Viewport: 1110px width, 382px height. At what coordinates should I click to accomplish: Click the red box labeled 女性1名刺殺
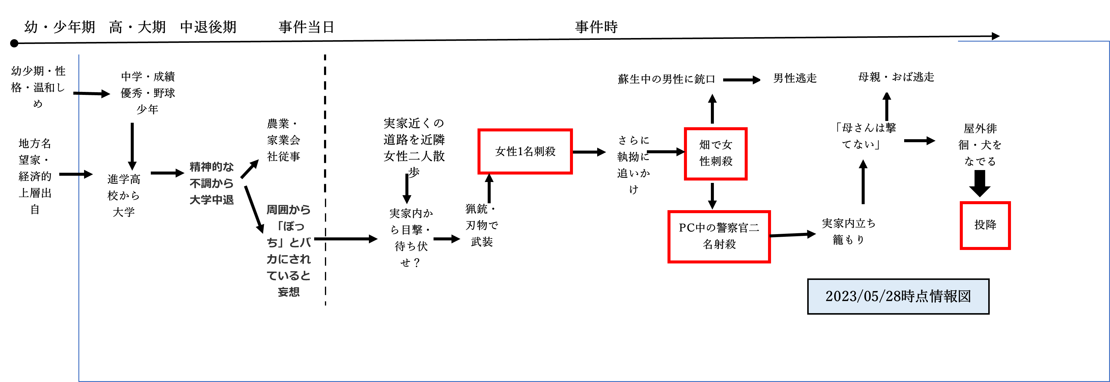[x=525, y=151]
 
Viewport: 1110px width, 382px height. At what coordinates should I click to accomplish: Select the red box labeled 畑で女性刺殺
[x=715, y=154]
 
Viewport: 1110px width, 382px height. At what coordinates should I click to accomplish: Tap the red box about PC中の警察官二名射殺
[x=719, y=236]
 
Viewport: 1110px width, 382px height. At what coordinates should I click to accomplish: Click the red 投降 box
[x=985, y=225]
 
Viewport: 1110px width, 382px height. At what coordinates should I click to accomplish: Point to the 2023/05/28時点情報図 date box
[x=898, y=297]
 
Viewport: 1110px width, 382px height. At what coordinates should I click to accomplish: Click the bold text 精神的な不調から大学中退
[x=211, y=183]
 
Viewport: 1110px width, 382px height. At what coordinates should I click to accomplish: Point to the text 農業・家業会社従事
[x=283, y=140]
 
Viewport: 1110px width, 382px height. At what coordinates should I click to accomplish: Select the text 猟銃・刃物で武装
[x=481, y=225]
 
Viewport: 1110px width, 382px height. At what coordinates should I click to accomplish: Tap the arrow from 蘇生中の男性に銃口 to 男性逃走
[x=741, y=80]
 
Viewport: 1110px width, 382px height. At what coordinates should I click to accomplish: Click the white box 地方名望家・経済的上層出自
[x=35, y=177]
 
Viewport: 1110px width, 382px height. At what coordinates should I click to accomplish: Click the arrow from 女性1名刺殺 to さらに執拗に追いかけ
[x=589, y=152]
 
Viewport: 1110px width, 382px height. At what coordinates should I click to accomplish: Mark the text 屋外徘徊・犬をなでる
[x=980, y=145]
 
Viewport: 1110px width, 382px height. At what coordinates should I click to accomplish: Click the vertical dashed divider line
[x=325, y=181]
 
